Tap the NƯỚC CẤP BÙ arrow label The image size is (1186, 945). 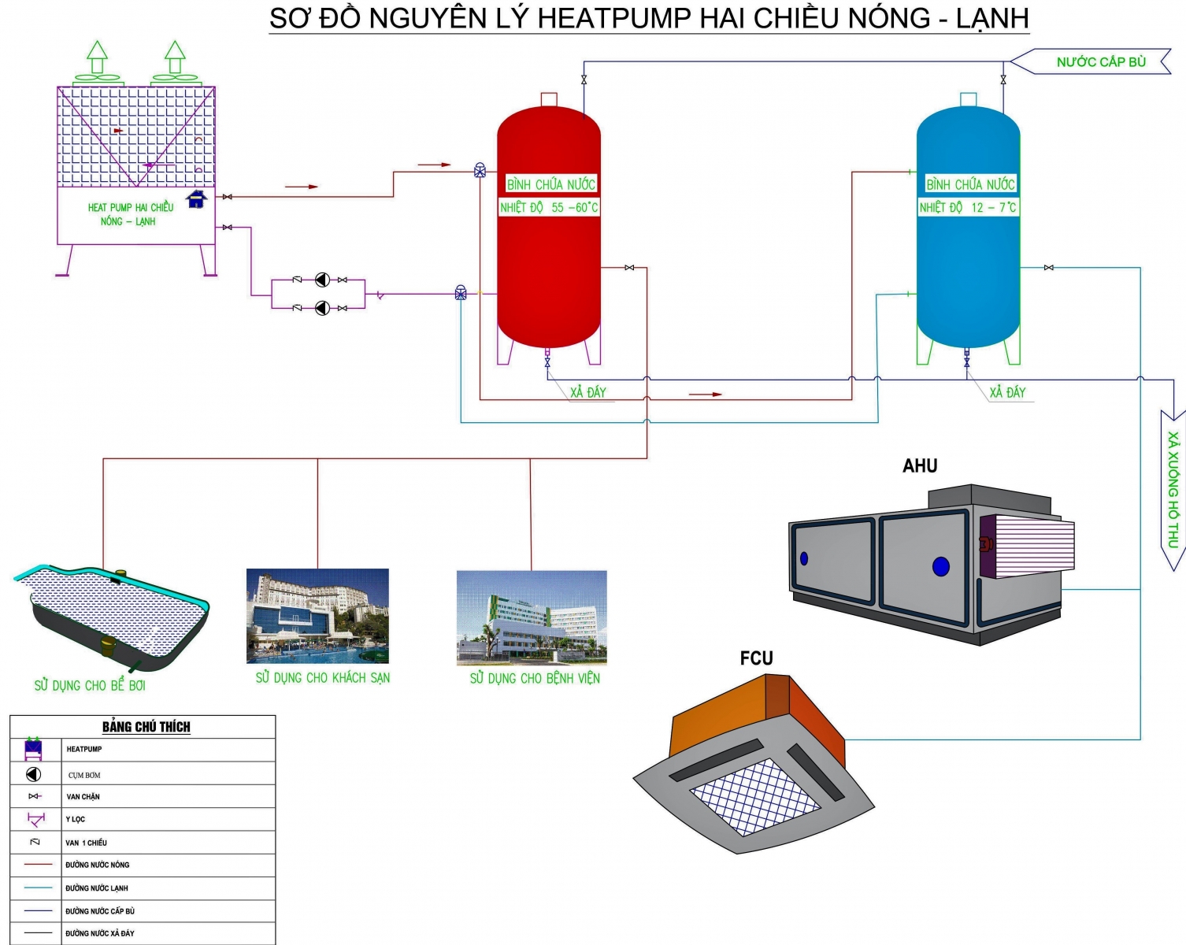coord(1100,61)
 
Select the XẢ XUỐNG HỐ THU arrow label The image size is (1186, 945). coord(1173,488)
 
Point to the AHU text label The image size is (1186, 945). coord(920,466)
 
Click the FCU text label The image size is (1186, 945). coord(756,658)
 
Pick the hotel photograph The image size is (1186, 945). coord(317,616)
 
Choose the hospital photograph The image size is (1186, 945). coord(532,617)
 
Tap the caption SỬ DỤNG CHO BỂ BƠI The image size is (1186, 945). coord(90,685)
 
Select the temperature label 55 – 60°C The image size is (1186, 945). coord(549,208)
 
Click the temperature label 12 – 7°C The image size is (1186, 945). coord(968,208)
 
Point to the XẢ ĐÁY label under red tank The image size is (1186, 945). coord(588,392)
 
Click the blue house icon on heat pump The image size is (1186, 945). coord(196,199)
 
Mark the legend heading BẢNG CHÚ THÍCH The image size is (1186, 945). coord(146,727)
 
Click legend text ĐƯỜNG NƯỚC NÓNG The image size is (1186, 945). coord(98,865)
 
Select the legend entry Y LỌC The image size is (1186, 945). coord(76,819)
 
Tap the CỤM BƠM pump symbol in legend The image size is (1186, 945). coord(33,774)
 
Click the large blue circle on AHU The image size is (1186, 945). coord(940,566)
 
